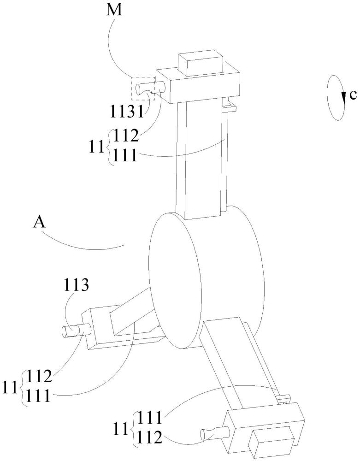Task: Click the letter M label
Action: click(114, 10)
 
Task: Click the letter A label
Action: click(39, 223)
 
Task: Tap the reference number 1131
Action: click(127, 111)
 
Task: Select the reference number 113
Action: click(76, 285)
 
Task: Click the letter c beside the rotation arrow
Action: click(353, 95)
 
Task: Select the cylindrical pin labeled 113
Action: click(76, 330)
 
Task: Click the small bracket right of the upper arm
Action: click(229, 107)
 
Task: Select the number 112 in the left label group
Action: click(39, 377)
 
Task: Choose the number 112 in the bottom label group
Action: click(150, 438)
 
